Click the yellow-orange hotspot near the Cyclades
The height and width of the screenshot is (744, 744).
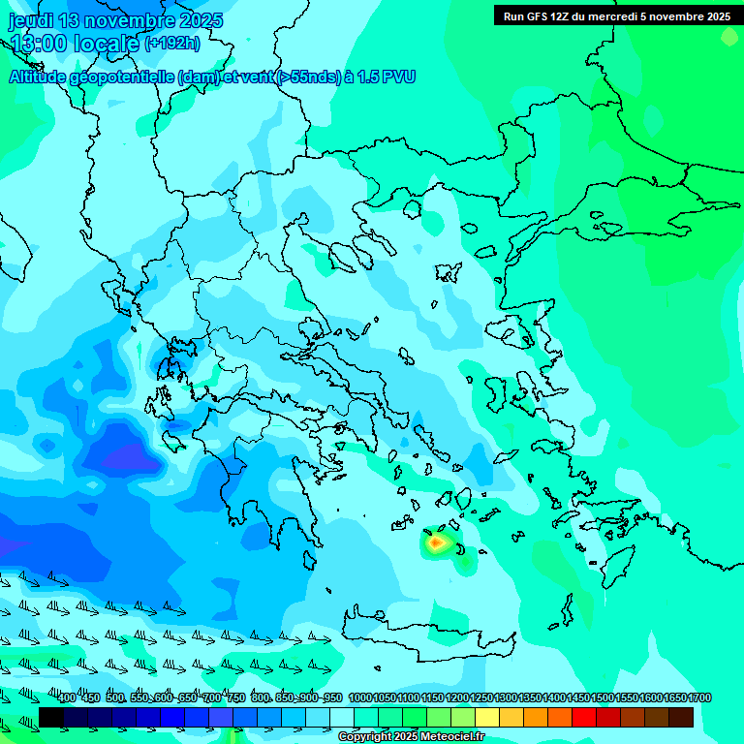point(437,543)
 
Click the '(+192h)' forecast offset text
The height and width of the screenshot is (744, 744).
point(171,43)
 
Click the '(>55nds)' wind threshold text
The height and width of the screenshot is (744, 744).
point(307,77)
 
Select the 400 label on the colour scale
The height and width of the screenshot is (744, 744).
point(67,698)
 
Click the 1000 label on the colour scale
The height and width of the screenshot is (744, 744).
point(360,698)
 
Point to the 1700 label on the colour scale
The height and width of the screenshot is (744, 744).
point(699,698)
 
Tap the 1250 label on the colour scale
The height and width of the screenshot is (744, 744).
point(481,698)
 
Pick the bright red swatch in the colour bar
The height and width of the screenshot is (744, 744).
point(584,717)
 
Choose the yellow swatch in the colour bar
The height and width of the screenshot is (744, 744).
point(487,717)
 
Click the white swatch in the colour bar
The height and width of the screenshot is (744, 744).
point(342,717)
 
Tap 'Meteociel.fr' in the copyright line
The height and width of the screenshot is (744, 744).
point(452,737)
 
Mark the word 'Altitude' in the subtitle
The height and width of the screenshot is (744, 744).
point(40,77)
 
